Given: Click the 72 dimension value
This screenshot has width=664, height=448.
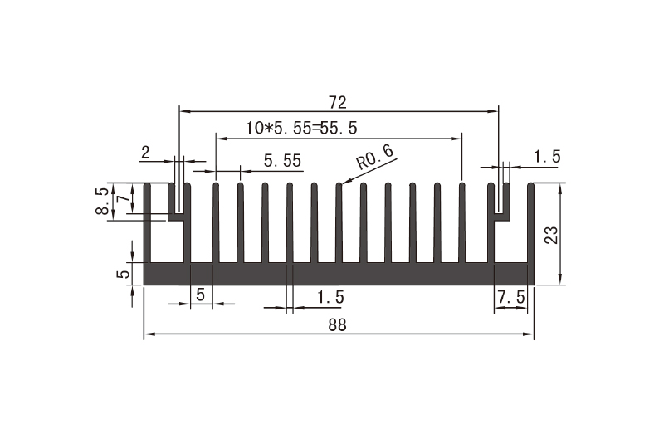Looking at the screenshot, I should point(337,102).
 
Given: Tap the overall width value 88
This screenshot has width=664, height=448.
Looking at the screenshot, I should point(337,324).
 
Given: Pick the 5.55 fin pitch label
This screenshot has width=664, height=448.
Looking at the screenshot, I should point(282,160).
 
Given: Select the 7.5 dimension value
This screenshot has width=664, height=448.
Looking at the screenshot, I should point(510,296).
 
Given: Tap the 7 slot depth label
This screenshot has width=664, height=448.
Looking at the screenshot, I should point(121,200).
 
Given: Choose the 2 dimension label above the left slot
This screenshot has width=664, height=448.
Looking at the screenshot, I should point(146,152).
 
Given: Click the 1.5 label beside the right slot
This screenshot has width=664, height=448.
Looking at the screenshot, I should point(546,156).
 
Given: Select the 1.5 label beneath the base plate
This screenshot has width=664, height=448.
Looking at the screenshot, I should point(330,296).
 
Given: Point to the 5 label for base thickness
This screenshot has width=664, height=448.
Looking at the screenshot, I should point(122,273).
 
